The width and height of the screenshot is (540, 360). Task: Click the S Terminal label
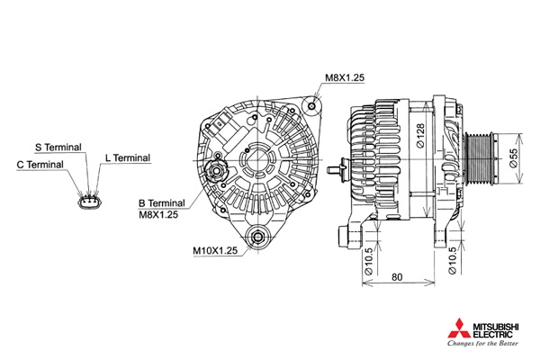[58, 147]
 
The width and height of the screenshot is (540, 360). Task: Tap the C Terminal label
[40, 165]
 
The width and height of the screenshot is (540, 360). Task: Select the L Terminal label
[128, 157]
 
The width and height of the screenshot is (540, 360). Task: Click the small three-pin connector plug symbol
[90, 202]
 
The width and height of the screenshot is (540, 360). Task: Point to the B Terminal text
[161, 203]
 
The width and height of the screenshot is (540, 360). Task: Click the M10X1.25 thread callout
[215, 250]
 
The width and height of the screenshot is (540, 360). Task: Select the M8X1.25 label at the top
[345, 77]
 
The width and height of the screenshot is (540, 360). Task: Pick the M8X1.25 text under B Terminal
[158, 214]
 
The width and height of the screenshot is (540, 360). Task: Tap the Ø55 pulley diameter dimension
[513, 158]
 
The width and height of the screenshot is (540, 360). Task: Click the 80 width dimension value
[397, 277]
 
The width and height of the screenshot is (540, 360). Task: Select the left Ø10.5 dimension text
[368, 262]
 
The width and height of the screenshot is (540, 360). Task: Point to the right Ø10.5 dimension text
[452, 260]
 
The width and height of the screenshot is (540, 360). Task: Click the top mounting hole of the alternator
[311, 106]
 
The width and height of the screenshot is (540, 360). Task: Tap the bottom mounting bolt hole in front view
[257, 238]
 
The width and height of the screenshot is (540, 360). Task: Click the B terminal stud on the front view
[216, 170]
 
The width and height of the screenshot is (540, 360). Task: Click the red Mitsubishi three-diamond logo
[459, 328]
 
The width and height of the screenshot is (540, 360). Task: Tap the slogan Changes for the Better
[482, 344]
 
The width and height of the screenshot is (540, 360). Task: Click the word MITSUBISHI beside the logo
[496, 326]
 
